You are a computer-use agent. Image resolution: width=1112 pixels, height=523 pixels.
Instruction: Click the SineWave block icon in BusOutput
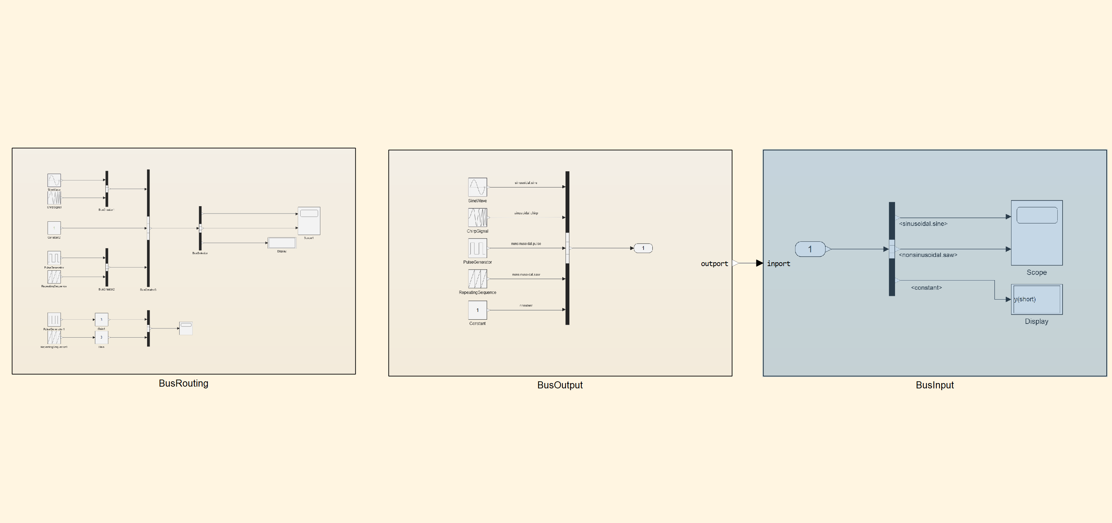coord(477,187)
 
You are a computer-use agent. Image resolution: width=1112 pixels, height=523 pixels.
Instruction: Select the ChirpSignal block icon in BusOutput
coord(477,217)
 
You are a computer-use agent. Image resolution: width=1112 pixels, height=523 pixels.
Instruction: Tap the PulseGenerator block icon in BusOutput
coord(477,248)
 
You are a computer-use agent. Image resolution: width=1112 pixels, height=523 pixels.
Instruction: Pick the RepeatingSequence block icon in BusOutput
coord(477,278)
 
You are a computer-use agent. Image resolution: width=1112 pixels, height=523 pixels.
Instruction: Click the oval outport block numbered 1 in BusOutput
coord(643,248)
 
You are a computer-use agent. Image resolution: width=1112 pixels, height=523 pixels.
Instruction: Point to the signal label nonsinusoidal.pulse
coord(526,244)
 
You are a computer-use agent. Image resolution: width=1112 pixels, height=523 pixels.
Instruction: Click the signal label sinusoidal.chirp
coord(526,213)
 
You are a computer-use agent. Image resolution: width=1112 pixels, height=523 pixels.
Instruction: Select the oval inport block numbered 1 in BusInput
coord(810,249)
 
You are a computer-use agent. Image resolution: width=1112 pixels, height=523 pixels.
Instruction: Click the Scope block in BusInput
coord(1037,233)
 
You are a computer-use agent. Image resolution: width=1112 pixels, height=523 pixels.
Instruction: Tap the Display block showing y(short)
coord(1037,299)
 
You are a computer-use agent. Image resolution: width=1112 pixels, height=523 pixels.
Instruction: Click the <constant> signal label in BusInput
coord(926,288)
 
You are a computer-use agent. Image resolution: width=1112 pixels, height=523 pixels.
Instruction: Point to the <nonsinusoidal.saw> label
coord(928,255)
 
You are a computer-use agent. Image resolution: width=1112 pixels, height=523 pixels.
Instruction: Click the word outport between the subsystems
coord(714,264)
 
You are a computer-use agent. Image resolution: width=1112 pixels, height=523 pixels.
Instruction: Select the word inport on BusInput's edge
coord(778,264)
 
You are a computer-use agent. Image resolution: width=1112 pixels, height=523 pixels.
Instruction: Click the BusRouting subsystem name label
coord(183,383)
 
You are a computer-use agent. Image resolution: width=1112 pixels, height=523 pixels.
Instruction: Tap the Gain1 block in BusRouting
coord(102,320)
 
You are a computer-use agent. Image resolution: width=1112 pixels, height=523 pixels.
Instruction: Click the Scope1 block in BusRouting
coord(309,221)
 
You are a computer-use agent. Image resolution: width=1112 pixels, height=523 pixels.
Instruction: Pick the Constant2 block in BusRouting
coord(54,228)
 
